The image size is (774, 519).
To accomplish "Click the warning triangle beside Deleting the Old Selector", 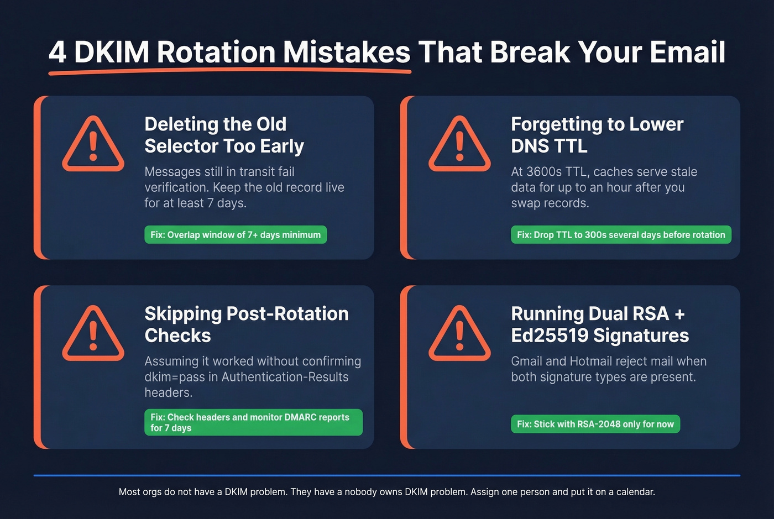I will pyautogui.click(x=93, y=145).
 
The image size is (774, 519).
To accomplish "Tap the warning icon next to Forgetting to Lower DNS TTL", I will pyautogui.click(x=459, y=145).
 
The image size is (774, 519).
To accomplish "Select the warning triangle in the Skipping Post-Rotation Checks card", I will pyautogui.click(x=93, y=335).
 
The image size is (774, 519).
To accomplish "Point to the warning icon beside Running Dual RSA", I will pyautogui.click(x=459, y=335).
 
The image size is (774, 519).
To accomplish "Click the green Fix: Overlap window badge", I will pyautogui.click(x=236, y=235).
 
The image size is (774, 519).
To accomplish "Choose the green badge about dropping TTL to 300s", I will pyautogui.click(x=621, y=235).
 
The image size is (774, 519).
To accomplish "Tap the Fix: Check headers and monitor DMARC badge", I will pyautogui.click(x=253, y=422).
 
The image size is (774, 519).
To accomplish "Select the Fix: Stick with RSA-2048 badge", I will pyautogui.click(x=595, y=424).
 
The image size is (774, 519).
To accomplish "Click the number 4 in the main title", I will pyautogui.click(x=57, y=53).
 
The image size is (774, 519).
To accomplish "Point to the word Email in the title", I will pyautogui.click(x=687, y=53).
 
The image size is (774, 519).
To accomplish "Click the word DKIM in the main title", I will pyautogui.click(x=112, y=53).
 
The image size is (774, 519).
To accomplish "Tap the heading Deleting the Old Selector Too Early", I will pyautogui.click(x=224, y=135).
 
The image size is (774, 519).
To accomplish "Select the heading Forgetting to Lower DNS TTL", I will pyautogui.click(x=597, y=135).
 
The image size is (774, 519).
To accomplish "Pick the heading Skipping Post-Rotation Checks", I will pyautogui.click(x=246, y=324).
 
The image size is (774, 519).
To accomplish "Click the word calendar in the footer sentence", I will pyautogui.click(x=635, y=492).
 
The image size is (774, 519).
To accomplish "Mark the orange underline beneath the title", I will pyautogui.click(x=229, y=71).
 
